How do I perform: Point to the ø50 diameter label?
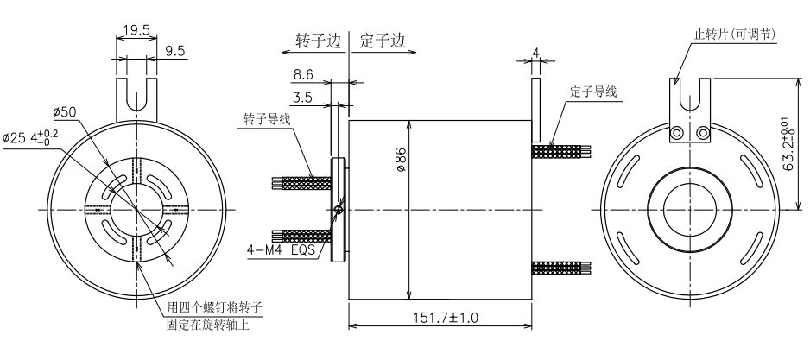pyautogui.click(x=66, y=112)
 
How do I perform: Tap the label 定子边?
pyautogui.click(x=381, y=41)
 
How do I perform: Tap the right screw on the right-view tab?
pyautogui.click(x=704, y=132)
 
